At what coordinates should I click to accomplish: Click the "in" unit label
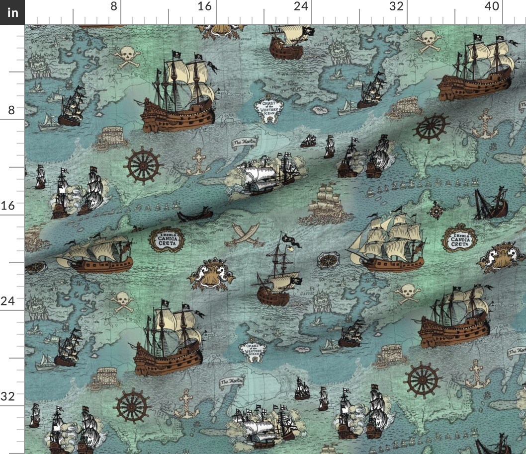(x=12, y=12)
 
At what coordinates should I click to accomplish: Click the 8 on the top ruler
(x=114, y=6)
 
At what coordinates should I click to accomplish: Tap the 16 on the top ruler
(x=204, y=6)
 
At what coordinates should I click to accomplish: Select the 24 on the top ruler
(x=300, y=6)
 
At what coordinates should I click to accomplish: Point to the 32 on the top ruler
(x=396, y=6)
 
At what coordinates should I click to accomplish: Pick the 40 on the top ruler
(x=491, y=6)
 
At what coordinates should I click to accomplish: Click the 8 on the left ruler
(x=11, y=110)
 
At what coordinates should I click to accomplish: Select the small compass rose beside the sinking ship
(x=436, y=210)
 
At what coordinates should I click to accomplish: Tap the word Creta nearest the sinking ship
(x=459, y=243)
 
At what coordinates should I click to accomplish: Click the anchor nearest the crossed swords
(x=199, y=161)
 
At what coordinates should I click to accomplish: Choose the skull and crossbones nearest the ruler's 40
(x=428, y=41)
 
